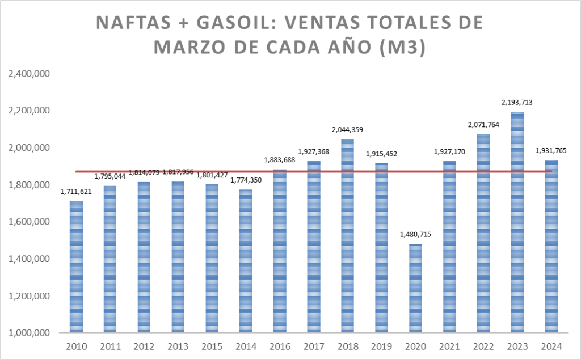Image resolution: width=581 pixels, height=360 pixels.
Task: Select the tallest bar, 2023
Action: pos(517,222)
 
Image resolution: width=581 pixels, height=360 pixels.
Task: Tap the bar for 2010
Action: pos(76,266)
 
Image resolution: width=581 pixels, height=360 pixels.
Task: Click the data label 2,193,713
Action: pos(517,103)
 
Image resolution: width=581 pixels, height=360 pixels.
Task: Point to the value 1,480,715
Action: pos(415,235)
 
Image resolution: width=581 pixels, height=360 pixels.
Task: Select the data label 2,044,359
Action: pos(347,130)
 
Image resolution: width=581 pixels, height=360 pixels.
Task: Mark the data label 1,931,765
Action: pos(551,151)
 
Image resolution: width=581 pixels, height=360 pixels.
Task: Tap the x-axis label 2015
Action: pos(212,346)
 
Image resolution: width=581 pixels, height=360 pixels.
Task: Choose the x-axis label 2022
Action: pos(483,346)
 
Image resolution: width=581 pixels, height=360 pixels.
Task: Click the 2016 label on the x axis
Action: pos(280,346)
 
